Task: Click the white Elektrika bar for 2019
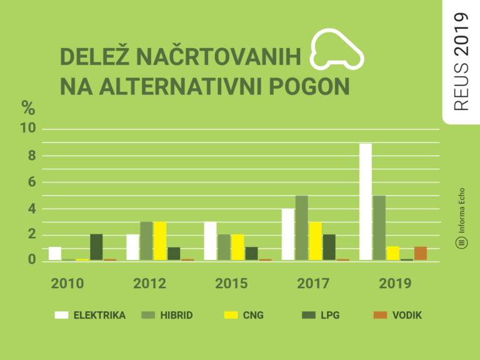pyautogui.click(x=365, y=201)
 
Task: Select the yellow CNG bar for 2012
pyautogui.click(x=160, y=241)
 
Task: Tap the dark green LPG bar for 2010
pyautogui.click(x=96, y=247)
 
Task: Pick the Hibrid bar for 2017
pyautogui.click(x=302, y=227)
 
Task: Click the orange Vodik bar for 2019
pyautogui.click(x=421, y=253)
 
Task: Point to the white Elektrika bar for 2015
pyautogui.click(x=211, y=241)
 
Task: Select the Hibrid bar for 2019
pyautogui.click(x=379, y=227)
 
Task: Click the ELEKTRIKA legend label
pyautogui.click(x=99, y=315)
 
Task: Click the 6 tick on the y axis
pyautogui.click(x=32, y=182)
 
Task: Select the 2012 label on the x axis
pyautogui.click(x=149, y=284)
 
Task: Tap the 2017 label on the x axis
pyautogui.click(x=313, y=284)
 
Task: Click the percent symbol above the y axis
pyautogui.click(x=28, y=107)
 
